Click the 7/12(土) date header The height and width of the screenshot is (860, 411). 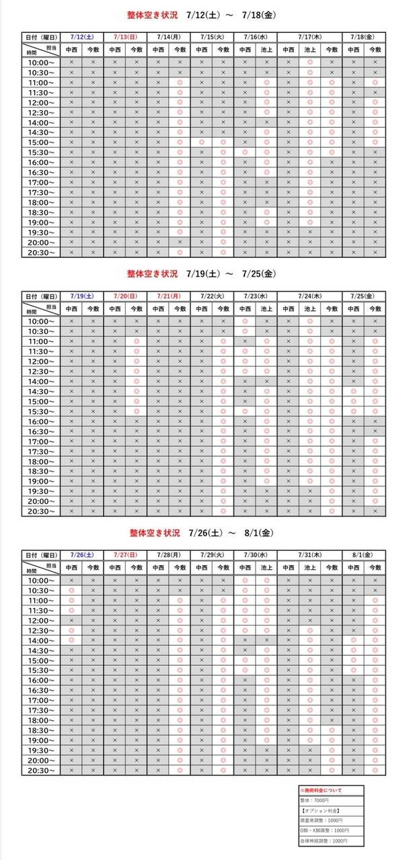coord(82,36)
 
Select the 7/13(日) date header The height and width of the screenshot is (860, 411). coord(125,36)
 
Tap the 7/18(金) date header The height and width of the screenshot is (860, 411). coord(365,36)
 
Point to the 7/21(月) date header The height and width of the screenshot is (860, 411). coord(168,296)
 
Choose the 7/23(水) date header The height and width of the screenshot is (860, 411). coord(256,296)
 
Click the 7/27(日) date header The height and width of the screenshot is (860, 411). coord(125,555)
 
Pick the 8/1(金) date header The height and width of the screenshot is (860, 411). coord(365,555)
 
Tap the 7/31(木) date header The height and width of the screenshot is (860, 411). coord(310,555)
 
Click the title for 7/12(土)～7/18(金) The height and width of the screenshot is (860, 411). coord(202,14)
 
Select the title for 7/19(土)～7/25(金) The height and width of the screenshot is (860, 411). coord(202,273)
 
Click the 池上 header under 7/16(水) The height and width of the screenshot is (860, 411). coord(266,50)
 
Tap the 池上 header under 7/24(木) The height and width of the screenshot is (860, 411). coord(310,309)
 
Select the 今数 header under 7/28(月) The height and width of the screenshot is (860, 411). coord(180,568)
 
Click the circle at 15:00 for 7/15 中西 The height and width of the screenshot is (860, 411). coord(201,142)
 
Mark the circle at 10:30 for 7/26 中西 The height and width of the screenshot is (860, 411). coord(71,591)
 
